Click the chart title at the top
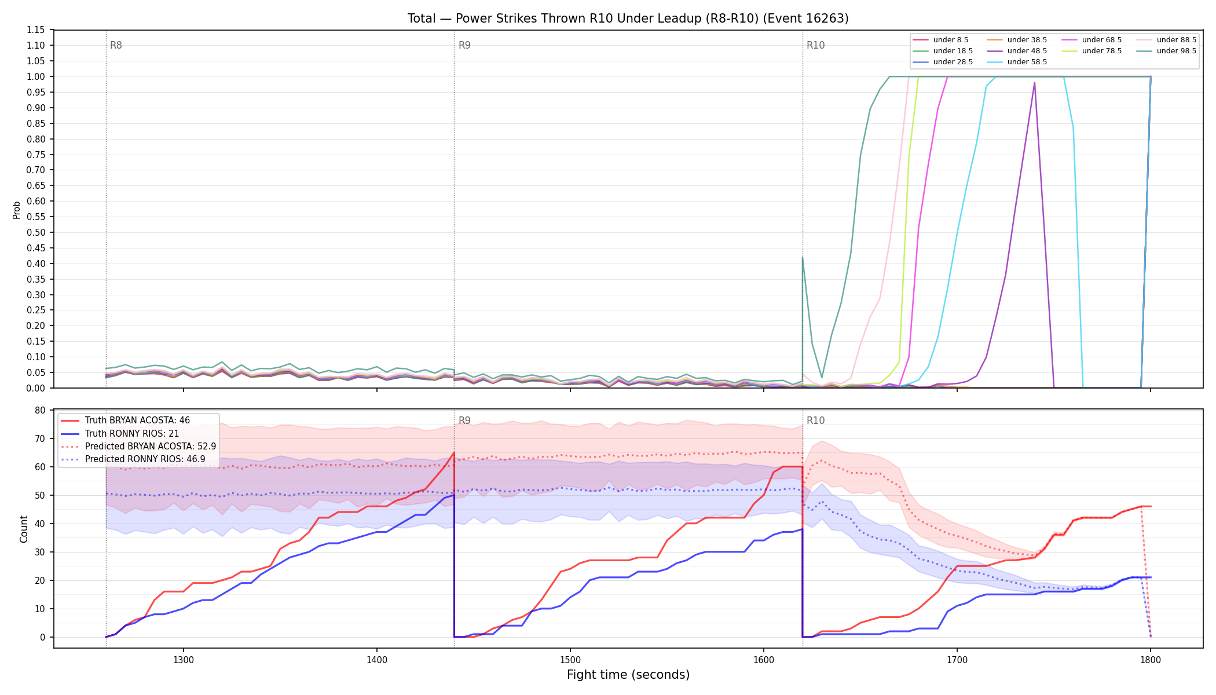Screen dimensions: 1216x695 [x=628, y=19]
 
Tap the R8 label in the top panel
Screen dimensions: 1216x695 [x=116, y=45]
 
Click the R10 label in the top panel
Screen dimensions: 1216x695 [x=815, y=45]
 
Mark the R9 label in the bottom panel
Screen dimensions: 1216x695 [x=464, y=420]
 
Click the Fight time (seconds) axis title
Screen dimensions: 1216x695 [x=628, y=675]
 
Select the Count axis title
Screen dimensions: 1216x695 [x=24, y=529]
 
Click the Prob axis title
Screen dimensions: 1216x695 [x=16, y=210]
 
